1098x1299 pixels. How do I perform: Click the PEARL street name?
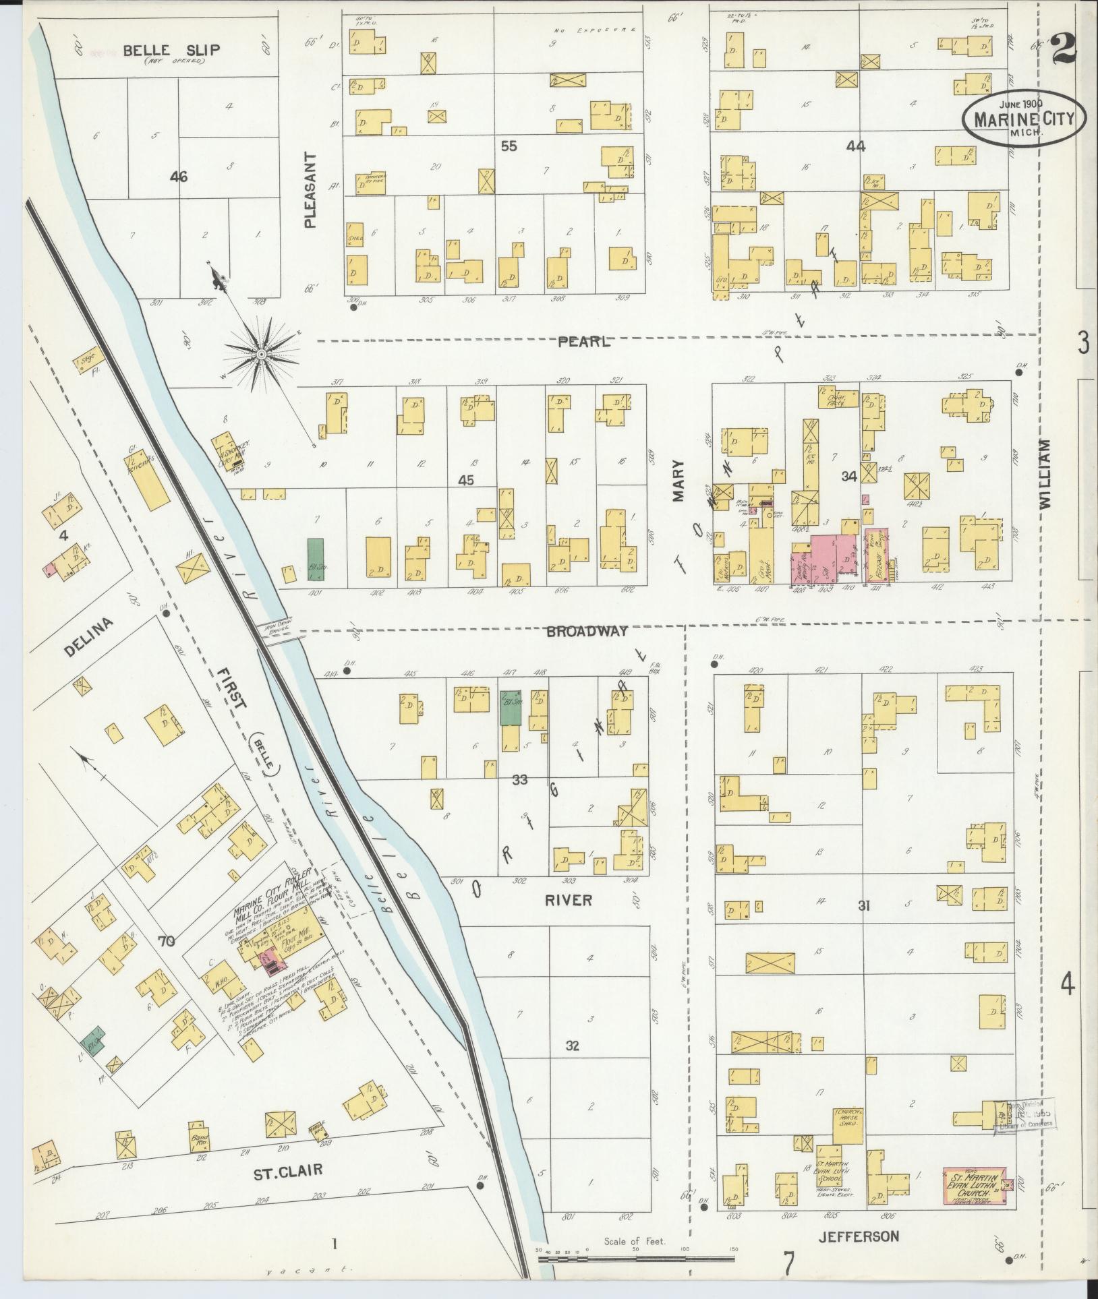(584, 342)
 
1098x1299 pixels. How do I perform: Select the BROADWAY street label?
(587, 631)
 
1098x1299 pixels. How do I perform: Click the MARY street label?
(678, 481)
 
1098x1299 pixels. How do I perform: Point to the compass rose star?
(260, 353)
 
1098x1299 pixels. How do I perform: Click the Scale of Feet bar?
(635, 1258)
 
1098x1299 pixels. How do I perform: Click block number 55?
(509, 146)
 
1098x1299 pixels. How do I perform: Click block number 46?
(179, 177)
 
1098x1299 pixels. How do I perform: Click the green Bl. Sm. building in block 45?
(316, 559)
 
